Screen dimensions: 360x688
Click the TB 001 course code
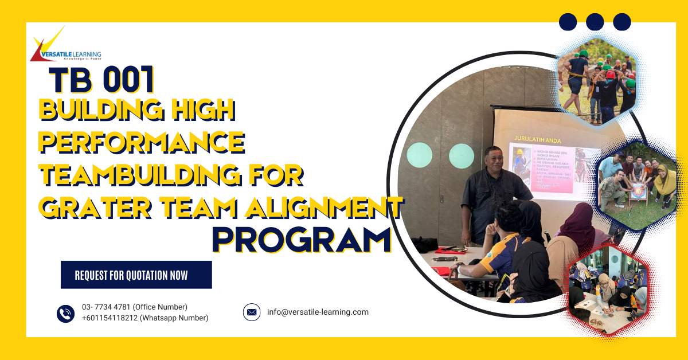click(x=101, y=81)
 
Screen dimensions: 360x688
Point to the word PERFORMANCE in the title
click(x=142, y=142)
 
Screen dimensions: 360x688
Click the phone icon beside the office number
click(x=66, y=313)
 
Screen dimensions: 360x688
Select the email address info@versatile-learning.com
click(x=318, y=312)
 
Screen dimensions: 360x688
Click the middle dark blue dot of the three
click(x=595, y=22)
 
